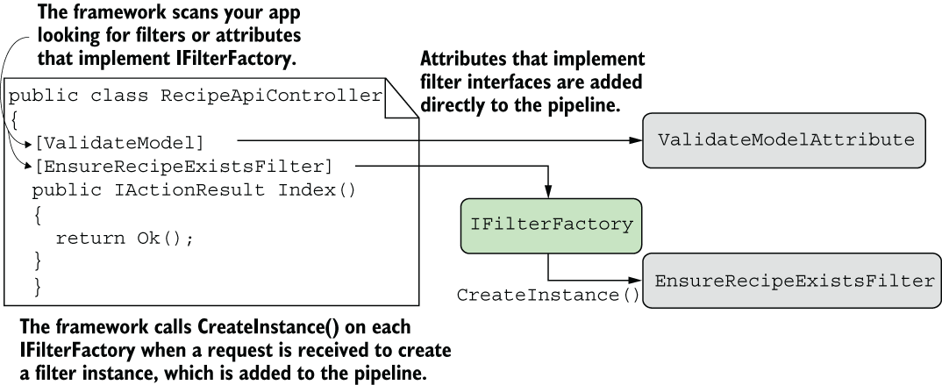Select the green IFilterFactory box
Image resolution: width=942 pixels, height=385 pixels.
[551, 225]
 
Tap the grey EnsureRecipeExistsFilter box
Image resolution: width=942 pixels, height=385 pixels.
[792, 281]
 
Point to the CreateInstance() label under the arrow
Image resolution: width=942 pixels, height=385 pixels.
[548, 296]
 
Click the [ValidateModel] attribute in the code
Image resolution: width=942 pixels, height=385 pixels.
[119, 143]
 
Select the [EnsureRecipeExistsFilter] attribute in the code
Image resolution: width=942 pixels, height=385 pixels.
[183, 167]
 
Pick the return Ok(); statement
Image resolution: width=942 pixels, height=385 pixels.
[125, 238]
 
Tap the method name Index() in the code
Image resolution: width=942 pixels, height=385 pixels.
[317, 190]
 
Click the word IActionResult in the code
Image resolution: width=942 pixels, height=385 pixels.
[189, 190]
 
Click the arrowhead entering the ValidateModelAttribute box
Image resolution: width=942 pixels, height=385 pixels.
[636, 140]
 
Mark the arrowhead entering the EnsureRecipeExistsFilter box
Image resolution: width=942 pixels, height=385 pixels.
[636, 280]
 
